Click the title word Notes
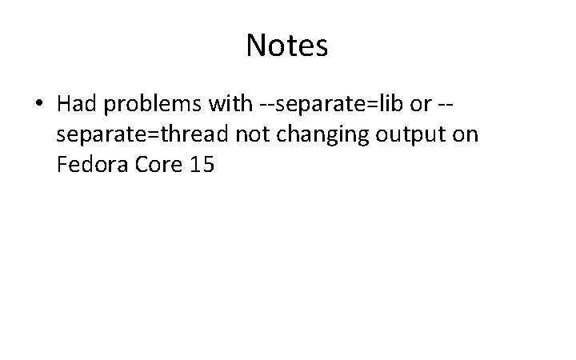tap(287, 46)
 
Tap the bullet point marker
tap(39, 104)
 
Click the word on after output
tap(465, 135)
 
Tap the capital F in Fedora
tap(62, 166)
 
